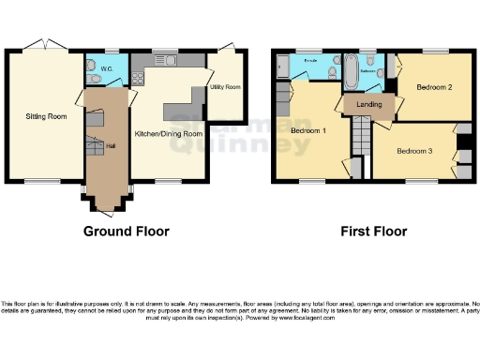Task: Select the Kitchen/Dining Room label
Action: point(170,133)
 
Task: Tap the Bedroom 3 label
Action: point(413,151)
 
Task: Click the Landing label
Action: point(369,104)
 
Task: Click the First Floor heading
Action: point(367,231)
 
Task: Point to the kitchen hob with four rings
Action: point(137,76)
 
